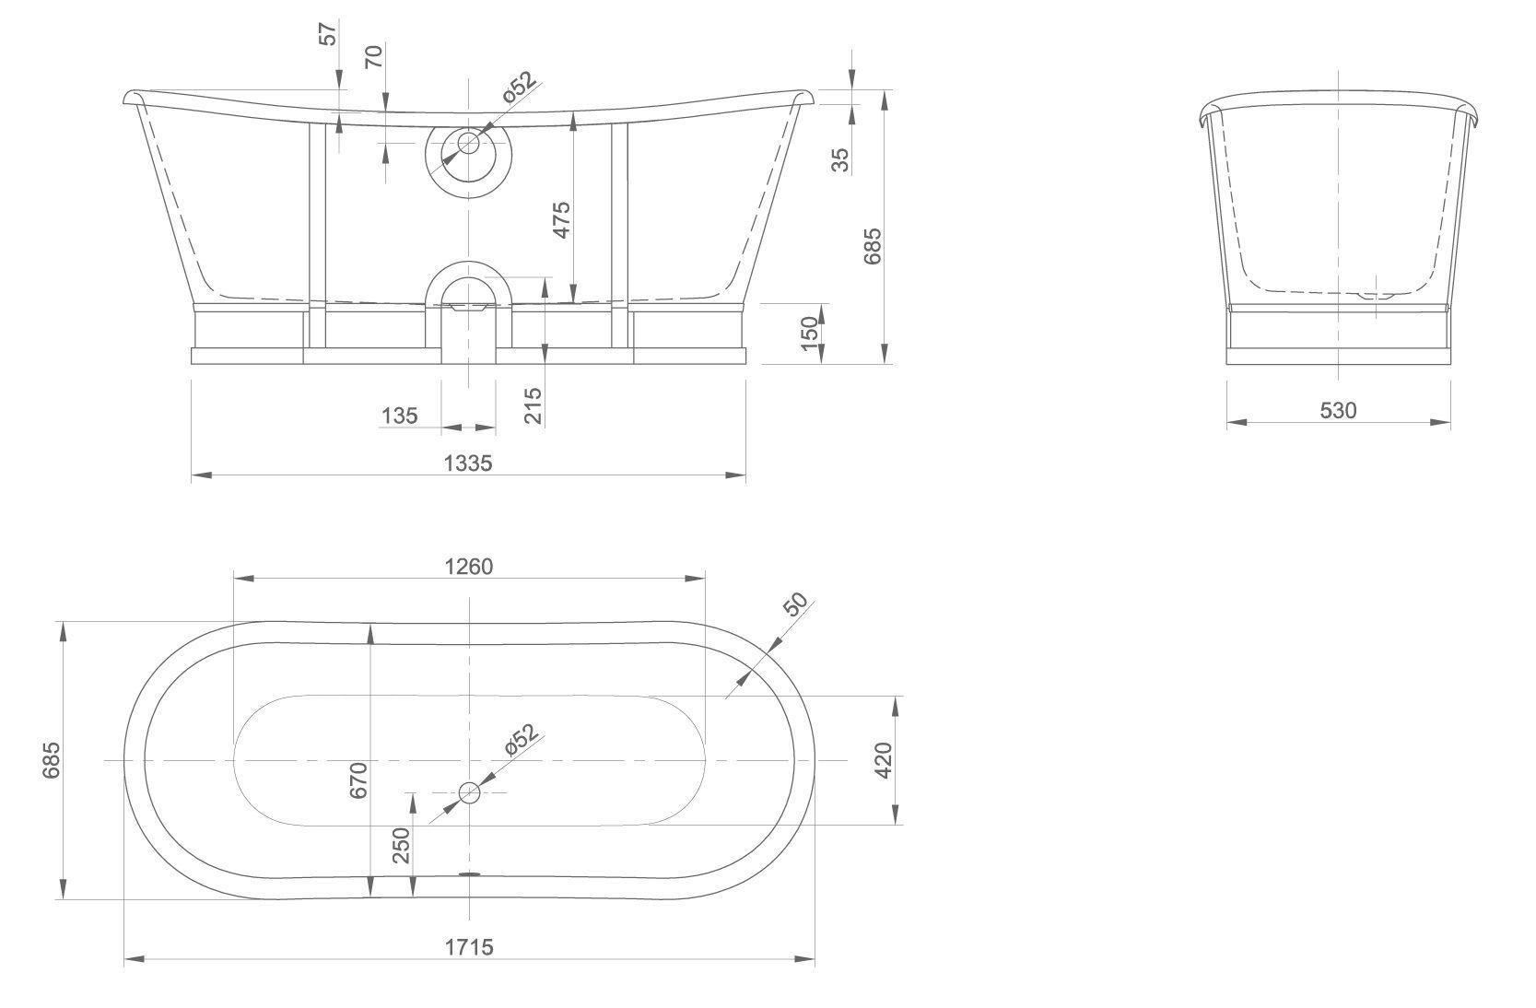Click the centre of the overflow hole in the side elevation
pyautogui.click(x=469, y=144)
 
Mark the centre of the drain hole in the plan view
pyautogui.click(x=469, y=792)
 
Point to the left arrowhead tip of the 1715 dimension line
pyautogui.click(x=124, y=958)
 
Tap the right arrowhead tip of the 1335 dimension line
pyautogui.click(x=746, y=475)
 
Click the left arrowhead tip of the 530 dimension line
pyautogui.click(x=1226, y=422)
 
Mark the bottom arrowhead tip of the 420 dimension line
pyautogui.click(x=895, y=825)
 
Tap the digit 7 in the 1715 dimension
pyautogui.click(x=460, y=947)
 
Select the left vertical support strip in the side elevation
pyautogui.click(x=317, y=235)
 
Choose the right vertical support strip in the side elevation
pyautogui.click(x=619, y=235)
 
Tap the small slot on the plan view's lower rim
pyautogui.click(x=469, y=874)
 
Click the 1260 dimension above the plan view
pyautogui.click(x=469, y=567)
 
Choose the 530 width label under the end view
pyautogui.click(x=1339, y=410)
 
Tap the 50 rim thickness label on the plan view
pyautogui.click(x=795, y=604)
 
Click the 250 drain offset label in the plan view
pyautogui.click(x=401, y=845)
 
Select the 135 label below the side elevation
pyautogui.click(x=399, y=416)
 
